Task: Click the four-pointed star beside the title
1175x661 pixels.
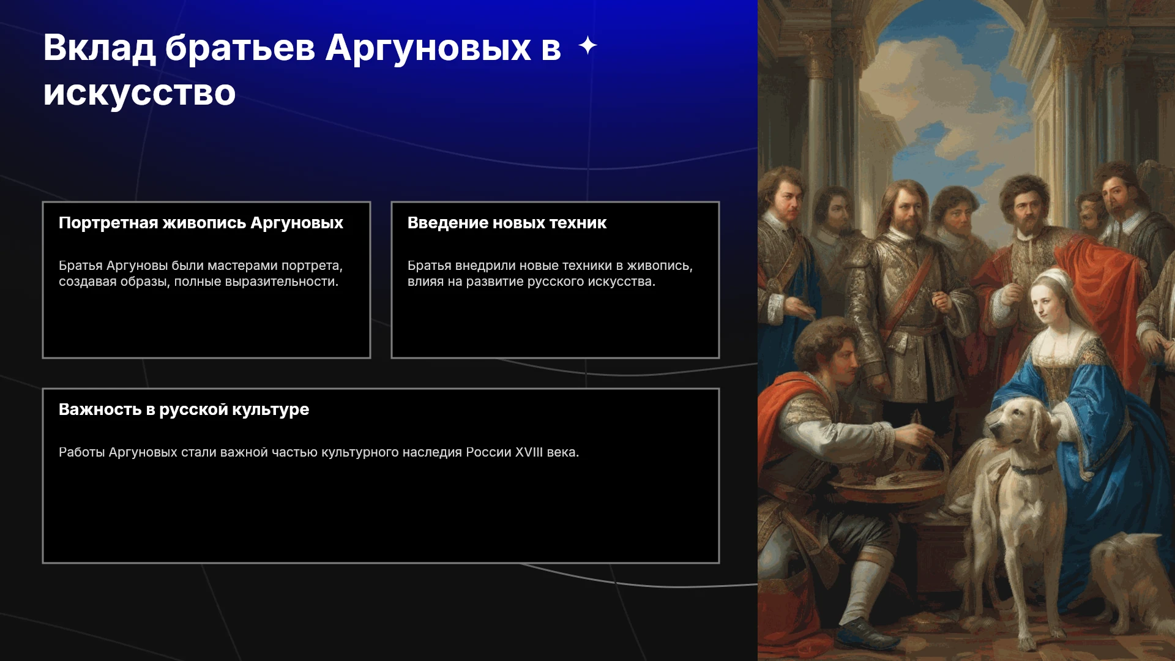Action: [587, 45]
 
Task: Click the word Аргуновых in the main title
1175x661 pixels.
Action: [428, 48]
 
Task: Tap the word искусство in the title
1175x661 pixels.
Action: [140, 93]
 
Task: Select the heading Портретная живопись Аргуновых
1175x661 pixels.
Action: [201, 223]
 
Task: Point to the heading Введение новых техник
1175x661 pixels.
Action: [507, 223]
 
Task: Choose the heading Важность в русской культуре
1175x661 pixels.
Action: [184, 409]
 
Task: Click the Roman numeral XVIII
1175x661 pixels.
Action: [529, 452]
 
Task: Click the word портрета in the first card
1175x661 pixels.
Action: [311, 266]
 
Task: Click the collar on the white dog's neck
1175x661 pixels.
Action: [1031, 470]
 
